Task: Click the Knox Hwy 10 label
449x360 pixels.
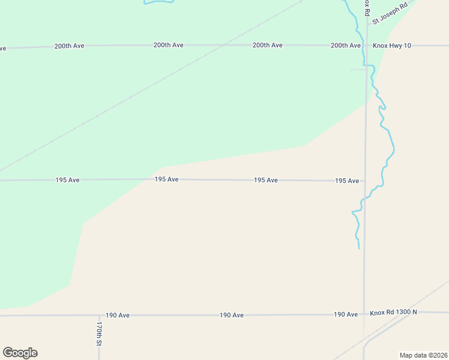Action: [x=391, y=46]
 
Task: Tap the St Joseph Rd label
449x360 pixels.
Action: [x=390, y=13]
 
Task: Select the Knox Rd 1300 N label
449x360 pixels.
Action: [x=393, y=313]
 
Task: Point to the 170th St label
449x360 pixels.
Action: [x=99, y=334]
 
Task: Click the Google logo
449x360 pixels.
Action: [x=20, y=353]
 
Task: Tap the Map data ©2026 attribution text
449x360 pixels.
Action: [x=423, y=355]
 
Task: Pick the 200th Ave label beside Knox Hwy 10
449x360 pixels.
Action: [x=346, y=46]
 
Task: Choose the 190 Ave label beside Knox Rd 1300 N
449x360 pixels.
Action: [x=346, y=314]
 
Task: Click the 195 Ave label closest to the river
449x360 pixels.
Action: [x=347, y=181]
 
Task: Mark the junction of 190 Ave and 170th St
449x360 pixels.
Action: [x=99, y=314]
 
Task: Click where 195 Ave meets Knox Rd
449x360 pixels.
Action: [x=365, y=181]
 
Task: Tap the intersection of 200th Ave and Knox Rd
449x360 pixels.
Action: [x=366, y=46]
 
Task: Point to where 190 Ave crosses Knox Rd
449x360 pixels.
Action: [x=364, y=314]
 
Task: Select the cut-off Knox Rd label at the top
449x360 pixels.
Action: [x=367, y=7]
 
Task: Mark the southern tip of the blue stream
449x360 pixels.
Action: [x=359, y=248]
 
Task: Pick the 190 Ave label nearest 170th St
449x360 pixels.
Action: [x=118, y=315]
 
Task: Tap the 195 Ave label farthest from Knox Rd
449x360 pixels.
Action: [x=67, y=180]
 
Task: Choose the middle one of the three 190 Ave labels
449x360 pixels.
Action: [x=232, y=315]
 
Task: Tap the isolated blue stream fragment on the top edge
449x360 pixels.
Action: [x=159, y=2]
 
